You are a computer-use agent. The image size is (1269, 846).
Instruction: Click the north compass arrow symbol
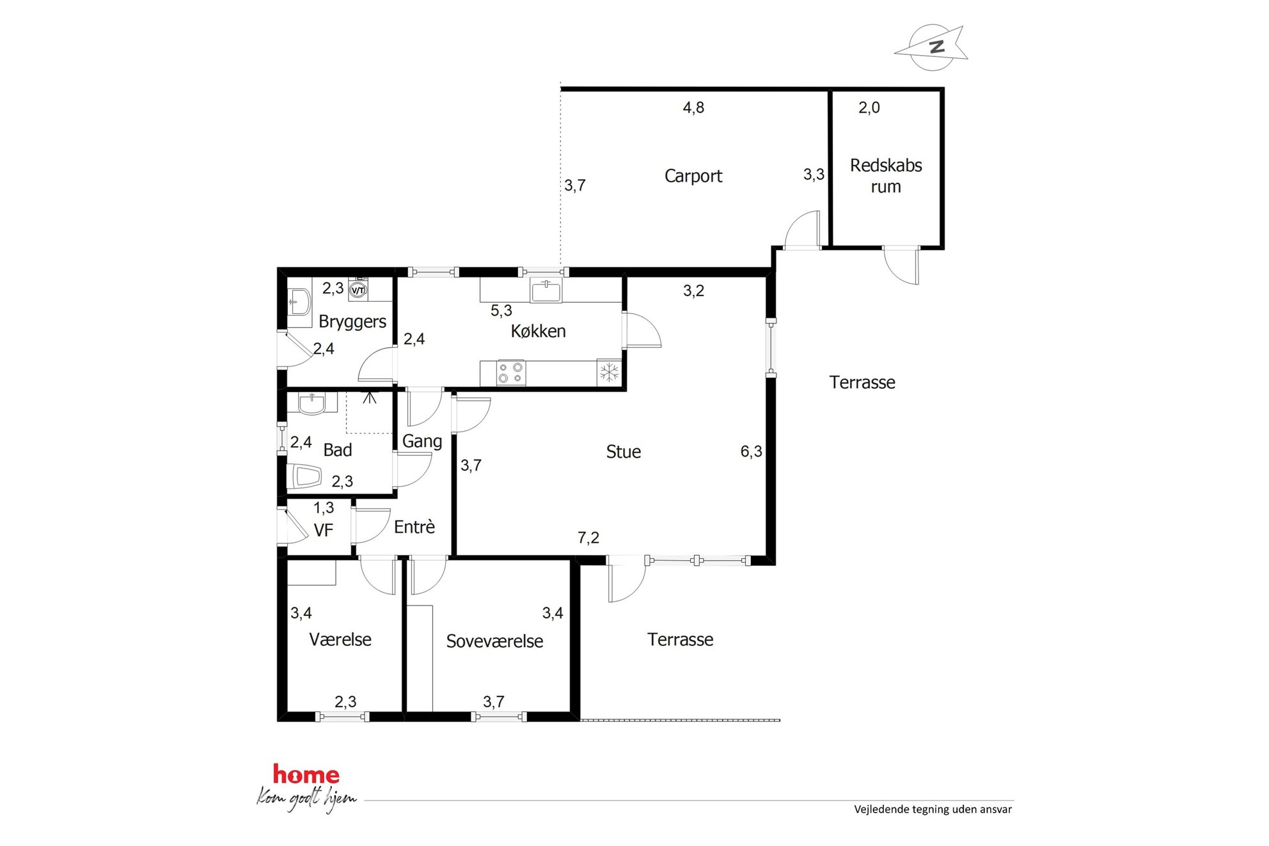[x=931, y=47]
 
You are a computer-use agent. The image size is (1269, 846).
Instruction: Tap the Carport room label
[x=693, y=176]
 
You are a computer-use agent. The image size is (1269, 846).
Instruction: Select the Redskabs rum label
[x=886, y=176]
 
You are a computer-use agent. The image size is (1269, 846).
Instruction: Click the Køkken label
[x=538, y=331]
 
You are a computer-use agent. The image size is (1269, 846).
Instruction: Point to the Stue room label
[x=623, y=452]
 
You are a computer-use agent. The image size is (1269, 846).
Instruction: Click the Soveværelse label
[x=494, y=641]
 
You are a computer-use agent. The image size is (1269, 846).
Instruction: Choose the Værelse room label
[x=340, y=639]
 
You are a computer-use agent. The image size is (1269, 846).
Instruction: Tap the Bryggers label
[x=352, y=322]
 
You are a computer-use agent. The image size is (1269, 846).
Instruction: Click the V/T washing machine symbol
[x=358, y=290]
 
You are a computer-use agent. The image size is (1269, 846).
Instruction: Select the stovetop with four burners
[x=510, y=373]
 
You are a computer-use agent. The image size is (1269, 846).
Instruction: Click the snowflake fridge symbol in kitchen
[x=610, y=372]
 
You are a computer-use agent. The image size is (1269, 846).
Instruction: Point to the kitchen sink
[x=546, y=290]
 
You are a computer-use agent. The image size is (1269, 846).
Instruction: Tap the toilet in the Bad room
[x=305, y=476]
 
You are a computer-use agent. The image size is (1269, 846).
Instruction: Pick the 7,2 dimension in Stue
[x=588, y=538]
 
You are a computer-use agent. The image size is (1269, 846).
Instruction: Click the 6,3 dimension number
[x=751, y=451]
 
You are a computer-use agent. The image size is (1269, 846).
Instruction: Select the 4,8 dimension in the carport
[x=693, y=107]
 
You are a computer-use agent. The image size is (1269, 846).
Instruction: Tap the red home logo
[x=306, y=774]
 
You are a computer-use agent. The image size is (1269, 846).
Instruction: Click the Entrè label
[x=414, y=527]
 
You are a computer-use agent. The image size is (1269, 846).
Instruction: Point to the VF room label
[x=324, y=530]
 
